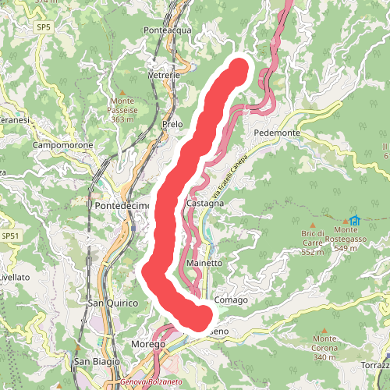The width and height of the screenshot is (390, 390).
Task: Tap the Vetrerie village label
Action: coord(164,75)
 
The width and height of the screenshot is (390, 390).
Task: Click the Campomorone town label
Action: coord(63,146)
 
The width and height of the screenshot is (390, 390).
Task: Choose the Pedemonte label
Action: coord(277,133)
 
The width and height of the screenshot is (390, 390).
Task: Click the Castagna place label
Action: coord(206,203)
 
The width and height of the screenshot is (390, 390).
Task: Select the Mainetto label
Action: coord(204,264)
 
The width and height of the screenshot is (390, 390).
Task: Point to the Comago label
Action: coord(230,300)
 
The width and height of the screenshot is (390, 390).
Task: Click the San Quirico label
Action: coord(112,303)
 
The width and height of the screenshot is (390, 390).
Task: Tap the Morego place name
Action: coord(148,344)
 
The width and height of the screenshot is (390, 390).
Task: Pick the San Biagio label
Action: coord(97,362)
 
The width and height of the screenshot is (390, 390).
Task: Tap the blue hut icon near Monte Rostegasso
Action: coord(356,219)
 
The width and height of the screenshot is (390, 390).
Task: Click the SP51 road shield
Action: coord(9,236)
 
